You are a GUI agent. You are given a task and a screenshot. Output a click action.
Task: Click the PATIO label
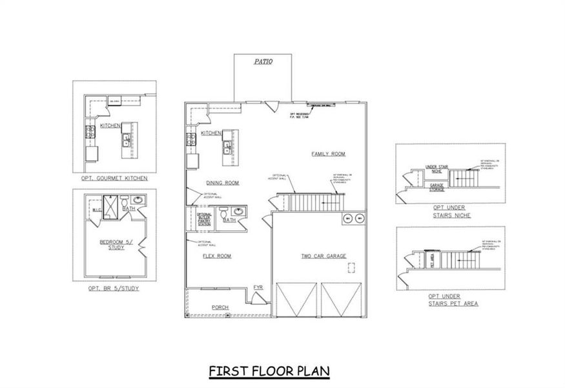click(x=263, y=62)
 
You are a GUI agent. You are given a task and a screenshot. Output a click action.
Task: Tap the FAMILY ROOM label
click(x=328, y=154)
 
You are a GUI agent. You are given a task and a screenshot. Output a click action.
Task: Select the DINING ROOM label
click(x=223, y=183)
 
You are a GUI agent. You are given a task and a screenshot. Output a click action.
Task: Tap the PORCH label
click(x=221, y=307)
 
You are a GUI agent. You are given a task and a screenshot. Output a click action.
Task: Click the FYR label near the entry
click(x=258, y=286)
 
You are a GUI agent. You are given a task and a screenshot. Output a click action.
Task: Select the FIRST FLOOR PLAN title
click(x=269, y=371)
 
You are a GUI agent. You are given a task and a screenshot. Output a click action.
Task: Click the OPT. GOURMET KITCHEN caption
click(x=114, y=178)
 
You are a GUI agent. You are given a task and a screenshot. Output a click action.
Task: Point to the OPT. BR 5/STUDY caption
click(x=114, y=288)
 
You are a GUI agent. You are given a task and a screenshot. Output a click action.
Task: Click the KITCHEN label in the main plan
click(x=211, y=133)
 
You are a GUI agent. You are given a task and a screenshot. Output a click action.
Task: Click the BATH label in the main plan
click(x=229, y=221)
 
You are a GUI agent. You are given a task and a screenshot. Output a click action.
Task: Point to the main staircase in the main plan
click(x=313, y=202)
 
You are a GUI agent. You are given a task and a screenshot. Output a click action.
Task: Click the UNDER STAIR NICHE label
click(x=437, y=169)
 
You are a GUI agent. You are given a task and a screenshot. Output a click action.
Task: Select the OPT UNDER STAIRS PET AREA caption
click(x=453, y=300)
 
